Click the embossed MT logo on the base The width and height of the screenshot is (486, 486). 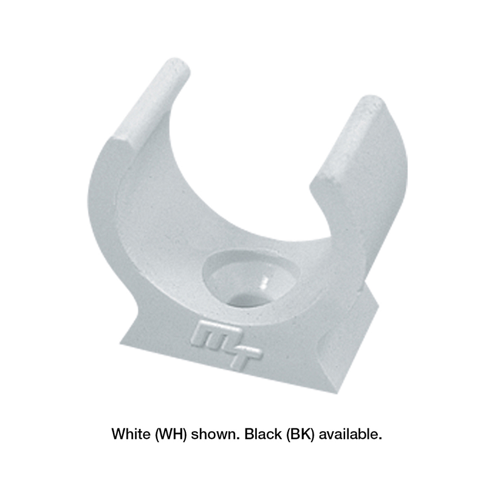225,344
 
